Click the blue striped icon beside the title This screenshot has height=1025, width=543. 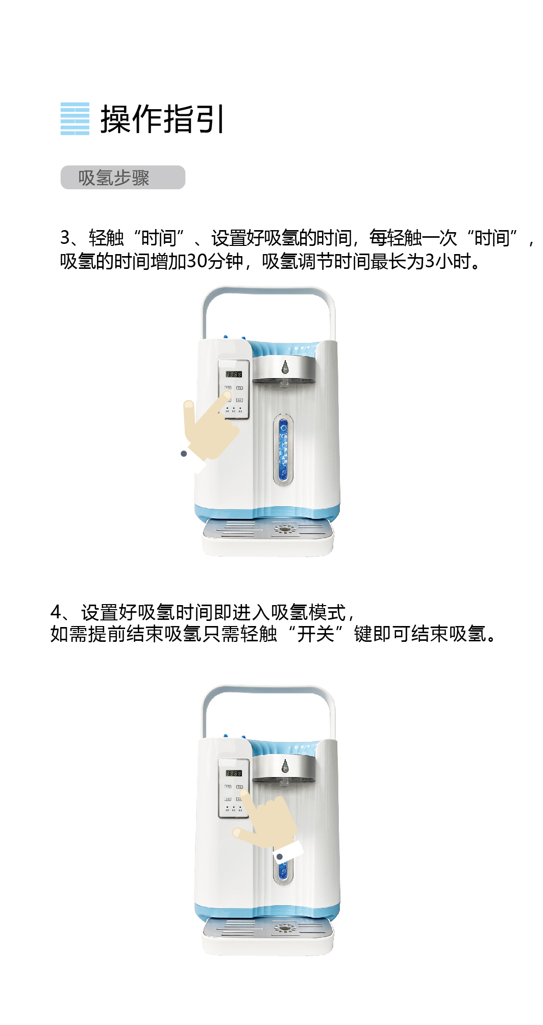tap(75, 119)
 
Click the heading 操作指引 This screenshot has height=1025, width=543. tap(162, 119)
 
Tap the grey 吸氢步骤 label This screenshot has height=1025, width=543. tap(123, 177)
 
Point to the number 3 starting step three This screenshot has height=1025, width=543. tap(65, 238)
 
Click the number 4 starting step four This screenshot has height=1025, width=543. tap(56, 612)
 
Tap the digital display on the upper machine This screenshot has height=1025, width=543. tap(234, 374)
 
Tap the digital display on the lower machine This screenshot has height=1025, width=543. tap(234, 773)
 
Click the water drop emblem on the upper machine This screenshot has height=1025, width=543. tap(285, 366)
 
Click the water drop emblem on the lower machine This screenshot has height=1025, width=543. tap(285, 765)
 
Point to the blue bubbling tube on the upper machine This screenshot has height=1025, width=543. tap(283, 449)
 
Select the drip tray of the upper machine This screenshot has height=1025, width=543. tap(268, 537)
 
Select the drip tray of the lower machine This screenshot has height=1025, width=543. tap(268, 936)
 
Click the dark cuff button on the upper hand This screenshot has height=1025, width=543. tap(184, 454)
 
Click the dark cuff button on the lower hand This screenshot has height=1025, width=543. tap(280, 857)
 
